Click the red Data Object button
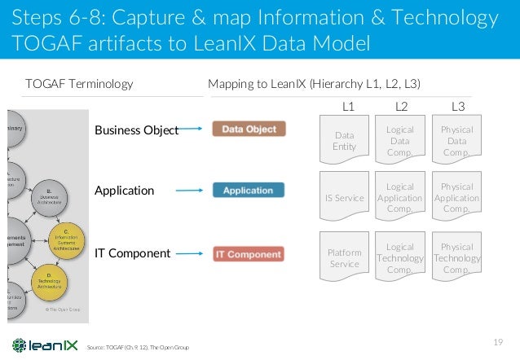pos(249,129)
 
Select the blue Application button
pos(249,190)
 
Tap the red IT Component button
pos(248,254)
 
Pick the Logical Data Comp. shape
pos(399,139)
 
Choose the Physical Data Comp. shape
pos(456,139)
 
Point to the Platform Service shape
pos(344,257)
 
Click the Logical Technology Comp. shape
pos(399,257)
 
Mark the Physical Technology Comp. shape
pos(456,257)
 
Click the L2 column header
pos(401,106)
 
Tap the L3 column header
pos(458,106)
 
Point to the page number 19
pos(500,341)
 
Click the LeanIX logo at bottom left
pos(42,345)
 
